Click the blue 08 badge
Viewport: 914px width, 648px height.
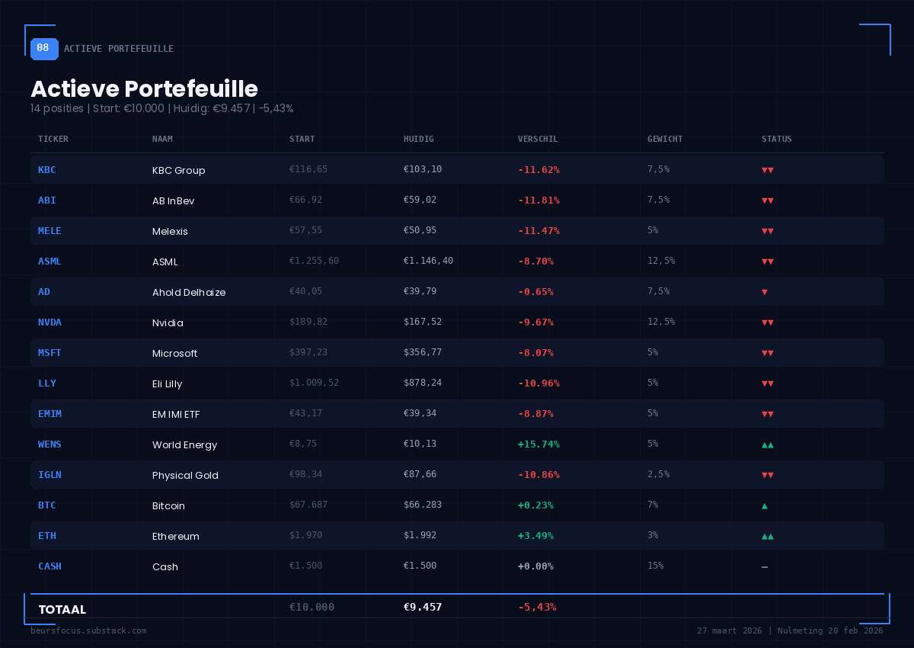43,48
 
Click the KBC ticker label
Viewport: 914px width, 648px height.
47,170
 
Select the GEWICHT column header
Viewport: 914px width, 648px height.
665,140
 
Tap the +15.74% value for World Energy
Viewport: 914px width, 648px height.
538,444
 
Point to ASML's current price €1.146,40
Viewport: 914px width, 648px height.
428,261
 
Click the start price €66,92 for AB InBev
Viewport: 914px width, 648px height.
305,200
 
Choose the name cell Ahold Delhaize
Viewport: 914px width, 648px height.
189,292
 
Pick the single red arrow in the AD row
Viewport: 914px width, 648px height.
765,292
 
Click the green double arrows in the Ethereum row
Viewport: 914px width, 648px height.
768,536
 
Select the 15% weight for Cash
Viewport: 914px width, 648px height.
655,566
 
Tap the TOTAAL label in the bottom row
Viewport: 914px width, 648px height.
62,610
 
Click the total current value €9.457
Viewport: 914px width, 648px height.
423,608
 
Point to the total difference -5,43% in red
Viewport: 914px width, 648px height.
537,608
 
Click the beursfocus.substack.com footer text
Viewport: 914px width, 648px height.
88,630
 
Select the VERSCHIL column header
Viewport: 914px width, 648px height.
538,140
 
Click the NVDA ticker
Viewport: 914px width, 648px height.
50,322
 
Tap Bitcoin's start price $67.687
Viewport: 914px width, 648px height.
308,505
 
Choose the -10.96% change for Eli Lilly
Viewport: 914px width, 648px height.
538,383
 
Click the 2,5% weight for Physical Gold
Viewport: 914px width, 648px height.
658,474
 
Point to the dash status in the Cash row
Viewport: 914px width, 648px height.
765,567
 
